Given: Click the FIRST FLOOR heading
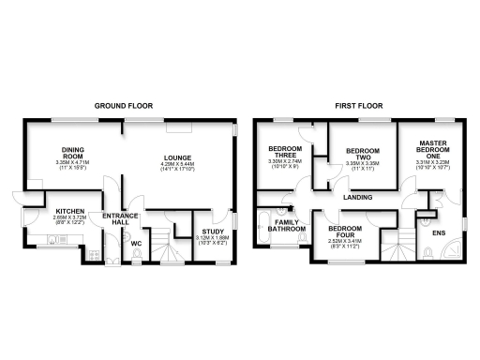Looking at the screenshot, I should click(x=355, y=107).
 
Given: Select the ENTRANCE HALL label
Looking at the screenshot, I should click(x=120, y=218).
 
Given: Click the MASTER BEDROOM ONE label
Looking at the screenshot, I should click(x=432, y=148).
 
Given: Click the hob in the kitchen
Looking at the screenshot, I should click(x=94, y=251).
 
